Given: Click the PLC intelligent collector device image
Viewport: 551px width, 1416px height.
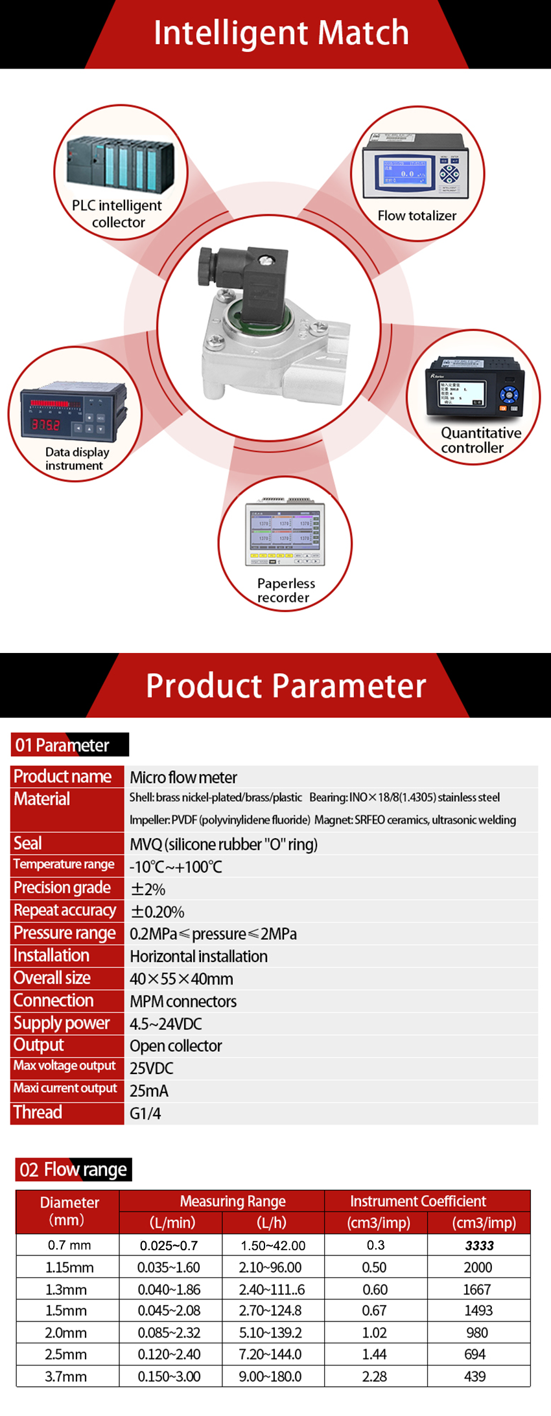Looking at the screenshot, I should [121, 165].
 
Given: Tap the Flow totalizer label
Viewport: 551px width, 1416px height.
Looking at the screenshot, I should [417, 216].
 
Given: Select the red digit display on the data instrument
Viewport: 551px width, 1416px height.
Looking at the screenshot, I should [46, 425].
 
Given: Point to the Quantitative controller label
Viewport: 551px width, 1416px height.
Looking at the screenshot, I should [480, 440].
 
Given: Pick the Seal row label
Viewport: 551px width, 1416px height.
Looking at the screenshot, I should [28, 843].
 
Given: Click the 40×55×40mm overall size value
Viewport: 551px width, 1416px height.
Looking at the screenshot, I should [182, 979].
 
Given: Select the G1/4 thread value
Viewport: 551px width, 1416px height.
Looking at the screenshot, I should [145, 1113].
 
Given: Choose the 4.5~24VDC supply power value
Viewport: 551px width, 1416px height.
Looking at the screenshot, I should [166, 1024].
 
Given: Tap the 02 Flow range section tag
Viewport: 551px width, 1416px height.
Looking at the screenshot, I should [73, 1169].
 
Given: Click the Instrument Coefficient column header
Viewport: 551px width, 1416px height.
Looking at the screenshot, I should [417, 1201].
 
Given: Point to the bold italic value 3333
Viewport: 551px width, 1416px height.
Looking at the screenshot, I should [479, 1246].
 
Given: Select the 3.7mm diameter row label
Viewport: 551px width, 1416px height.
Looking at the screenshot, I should [66, 1376].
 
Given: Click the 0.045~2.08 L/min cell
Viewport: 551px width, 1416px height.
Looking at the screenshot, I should [169, 1310].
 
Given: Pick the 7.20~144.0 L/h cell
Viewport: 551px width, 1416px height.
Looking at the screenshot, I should [270, 1354].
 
